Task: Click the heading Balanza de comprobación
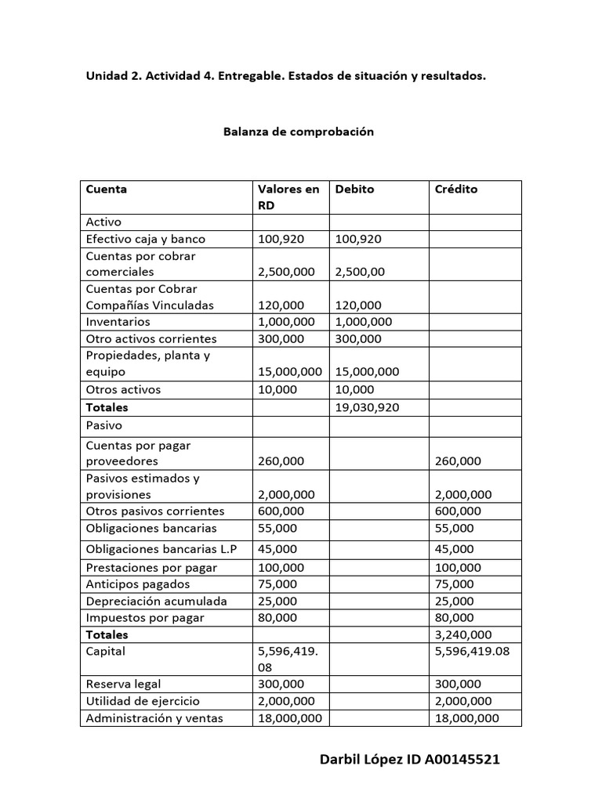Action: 299,132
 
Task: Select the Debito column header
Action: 354,190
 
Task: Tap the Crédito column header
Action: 455,190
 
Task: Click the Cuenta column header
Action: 106,190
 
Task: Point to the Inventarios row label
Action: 118,322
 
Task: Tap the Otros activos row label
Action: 121,389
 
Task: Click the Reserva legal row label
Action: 123,685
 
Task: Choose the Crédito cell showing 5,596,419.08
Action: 472,651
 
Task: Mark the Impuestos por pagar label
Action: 145,618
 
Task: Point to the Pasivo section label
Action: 103,425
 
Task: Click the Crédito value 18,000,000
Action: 466,718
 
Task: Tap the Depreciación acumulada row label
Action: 156,601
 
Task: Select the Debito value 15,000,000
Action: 367,372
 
